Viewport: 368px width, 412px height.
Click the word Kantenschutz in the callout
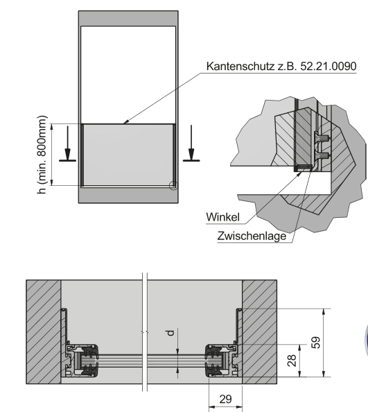[240, 66]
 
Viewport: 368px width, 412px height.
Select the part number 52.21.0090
[328, 66]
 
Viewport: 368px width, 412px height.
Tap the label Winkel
[223, 217]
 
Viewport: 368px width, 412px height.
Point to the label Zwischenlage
[252, 236]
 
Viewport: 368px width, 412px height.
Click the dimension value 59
[316, 343]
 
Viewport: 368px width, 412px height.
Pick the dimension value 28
[292, 361]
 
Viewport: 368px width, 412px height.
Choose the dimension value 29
[225, 399]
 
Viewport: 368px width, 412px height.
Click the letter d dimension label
[170, 333]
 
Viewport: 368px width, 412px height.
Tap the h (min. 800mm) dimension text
[42, 155]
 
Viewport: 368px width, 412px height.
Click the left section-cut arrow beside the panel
[68, 144]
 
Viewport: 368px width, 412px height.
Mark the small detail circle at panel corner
[173, 185]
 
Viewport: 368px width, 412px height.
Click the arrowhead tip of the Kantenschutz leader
[124, 123]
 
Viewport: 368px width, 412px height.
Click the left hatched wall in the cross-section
[44, 332]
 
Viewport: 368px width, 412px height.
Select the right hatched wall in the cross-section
[259, 332]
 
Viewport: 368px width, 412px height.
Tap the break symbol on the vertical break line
[145, 332]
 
